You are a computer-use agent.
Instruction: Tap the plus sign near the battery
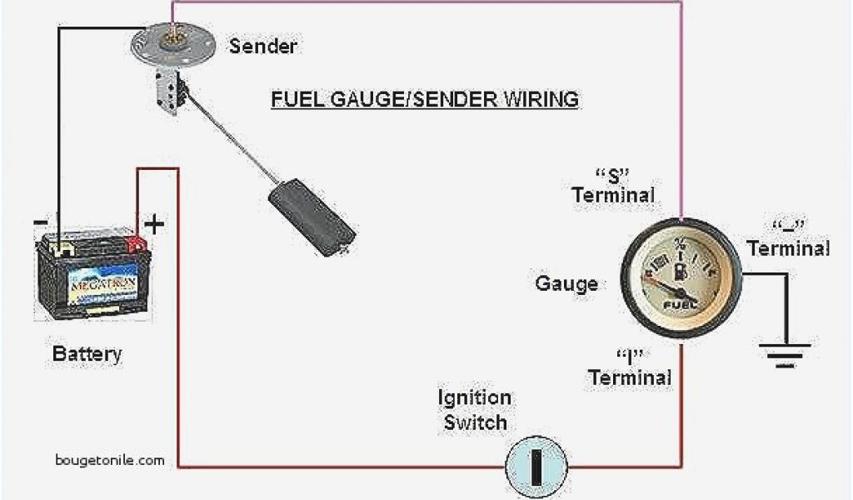pyautogui.click(x=154, y=224)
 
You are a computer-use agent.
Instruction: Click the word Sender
pyautogui.click(x=262, y=46)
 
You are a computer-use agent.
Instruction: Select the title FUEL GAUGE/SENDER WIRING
pyautogui.click(x=424, y=100)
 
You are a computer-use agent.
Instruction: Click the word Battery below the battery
pyautogui.click(x=87, y=353)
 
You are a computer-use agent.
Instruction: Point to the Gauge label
pyautogui.click(x=566, y=284)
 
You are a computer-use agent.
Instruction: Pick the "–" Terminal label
pyautogui.click(x=787, y=237)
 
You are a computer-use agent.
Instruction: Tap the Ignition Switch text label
pyautogui.click(x=475, y=409)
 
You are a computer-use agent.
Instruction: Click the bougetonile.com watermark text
pyautogui.click(x=109, y=460)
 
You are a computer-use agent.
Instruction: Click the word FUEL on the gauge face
pyautogui.click(x=677, y=305)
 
